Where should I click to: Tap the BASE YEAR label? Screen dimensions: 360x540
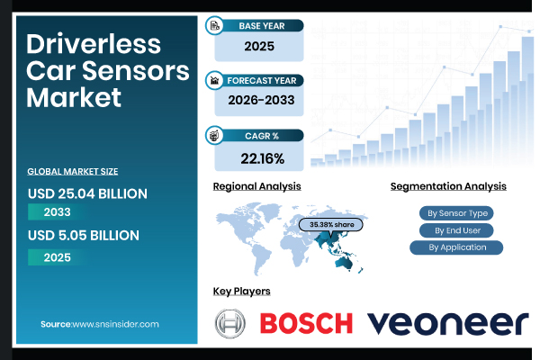pyautogui.click(x=262, y=26)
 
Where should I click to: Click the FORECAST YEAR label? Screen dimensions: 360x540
pyautogui.click(x=262, y=80)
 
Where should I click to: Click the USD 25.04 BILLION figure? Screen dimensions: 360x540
pyautogui.click(x=87, y=193)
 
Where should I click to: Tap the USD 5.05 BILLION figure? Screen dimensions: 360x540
pyautogui.click(x=84, y=235)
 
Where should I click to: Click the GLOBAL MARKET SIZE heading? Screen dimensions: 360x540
pyautogui.click(x=73, y=171)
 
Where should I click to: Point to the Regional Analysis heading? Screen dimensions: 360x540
pyautogui.click(x=256, y=186)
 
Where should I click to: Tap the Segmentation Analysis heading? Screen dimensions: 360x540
pyautogui.click(x=448, y=186)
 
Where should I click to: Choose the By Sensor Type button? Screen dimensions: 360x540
pyautogui.click(x=456, y=213)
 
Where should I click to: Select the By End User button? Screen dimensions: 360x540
pyautogui.click(x=456, y=230)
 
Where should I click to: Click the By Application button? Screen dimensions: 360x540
pyautogui.click(x=456, y=247)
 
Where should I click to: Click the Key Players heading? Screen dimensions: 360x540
pyautogui.click(x=241, y=292)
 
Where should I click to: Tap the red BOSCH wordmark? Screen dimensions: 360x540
pyautogui.click(x=306, y=323)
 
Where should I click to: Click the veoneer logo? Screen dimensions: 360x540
pyautogui.click(x=447, y=323)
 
